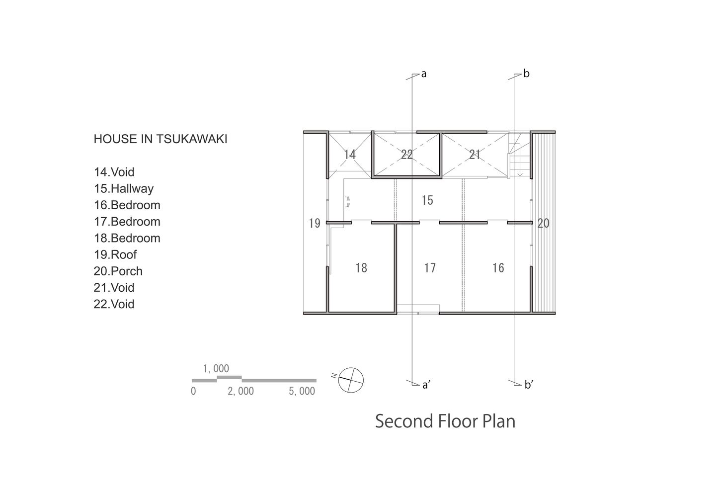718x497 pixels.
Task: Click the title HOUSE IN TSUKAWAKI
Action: (160, 139)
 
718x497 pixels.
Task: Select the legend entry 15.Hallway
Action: (124, 188)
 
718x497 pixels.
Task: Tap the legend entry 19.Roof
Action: (115, 254)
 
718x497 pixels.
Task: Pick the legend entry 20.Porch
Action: (118, 271)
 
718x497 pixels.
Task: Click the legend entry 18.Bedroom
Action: (127, 238)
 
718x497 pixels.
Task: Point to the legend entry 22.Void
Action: (114, 304)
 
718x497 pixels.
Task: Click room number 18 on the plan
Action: (361, 268)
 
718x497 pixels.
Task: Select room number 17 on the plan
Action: (430, 268)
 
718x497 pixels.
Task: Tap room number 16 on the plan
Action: (498, 268)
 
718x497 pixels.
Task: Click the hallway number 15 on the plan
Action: (427, 200)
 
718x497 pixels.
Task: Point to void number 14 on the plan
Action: (350, 155)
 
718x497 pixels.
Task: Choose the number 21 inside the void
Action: (475, 155)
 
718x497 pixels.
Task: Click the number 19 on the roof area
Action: (315, 223)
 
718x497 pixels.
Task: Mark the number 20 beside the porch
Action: (543, 223)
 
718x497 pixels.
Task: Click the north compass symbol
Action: (351, 380)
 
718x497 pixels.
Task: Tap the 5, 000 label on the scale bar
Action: (302, 391)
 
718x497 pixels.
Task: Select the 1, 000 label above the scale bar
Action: (216, 369)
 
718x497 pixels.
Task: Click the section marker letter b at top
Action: (526, 74)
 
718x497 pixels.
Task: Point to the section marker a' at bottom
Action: (426, 385)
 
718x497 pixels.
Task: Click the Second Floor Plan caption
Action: (445, 421)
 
